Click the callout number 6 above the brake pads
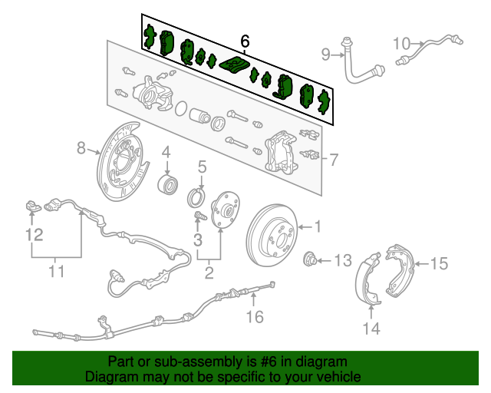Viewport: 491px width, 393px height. pyautogui.click(x=245, y=41)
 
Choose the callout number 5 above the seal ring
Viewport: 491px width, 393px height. pyautogui.click(x=202, y=167)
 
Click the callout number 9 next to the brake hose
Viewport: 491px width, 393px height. pyautogui.click(x=325, y=54)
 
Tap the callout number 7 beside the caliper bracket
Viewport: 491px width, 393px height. pyautogui.click(x=334, y=160)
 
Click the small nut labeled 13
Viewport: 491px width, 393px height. pyautogui.click(x=311, y=259)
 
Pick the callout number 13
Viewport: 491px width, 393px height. pyautogui.click(x=342, y=259)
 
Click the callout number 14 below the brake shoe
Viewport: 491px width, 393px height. pyautogui.click(x=371, y=329)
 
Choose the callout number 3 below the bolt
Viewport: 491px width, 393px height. pyautogui.click(x=198, y=242)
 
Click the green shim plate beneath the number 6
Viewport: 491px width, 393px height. pyautogui.click(x=235, y=64)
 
